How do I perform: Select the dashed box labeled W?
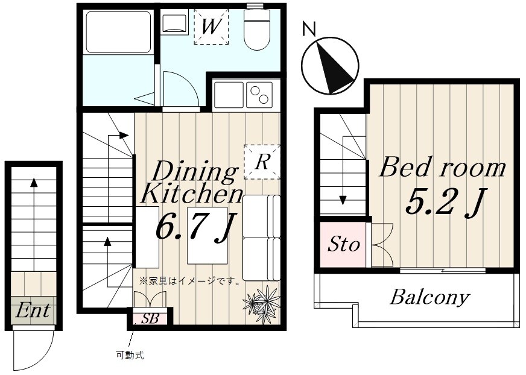(x=211, y=27)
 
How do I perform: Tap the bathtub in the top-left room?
(x=118, y=32)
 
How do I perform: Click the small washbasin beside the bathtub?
(x=174, y=22)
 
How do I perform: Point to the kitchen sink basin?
(x=229, y=95)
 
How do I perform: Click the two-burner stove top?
(x=259, y=95)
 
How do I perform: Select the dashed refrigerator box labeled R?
(x=262, y=162)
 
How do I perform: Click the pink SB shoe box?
(x=150, y=318)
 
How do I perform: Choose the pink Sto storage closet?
(x=343, y=245)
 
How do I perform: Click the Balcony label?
(x=429, y=297)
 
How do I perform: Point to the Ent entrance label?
(x=33, y=310)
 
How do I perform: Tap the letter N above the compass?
(x=309, y=29)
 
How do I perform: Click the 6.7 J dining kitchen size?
(x=196, y=227)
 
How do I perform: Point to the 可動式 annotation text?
(x=130, y=355)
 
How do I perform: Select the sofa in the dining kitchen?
(x=261, y=238)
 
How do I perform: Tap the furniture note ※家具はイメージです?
(x=189, y=281)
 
